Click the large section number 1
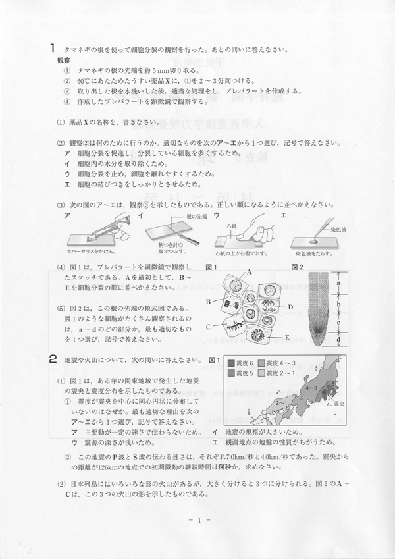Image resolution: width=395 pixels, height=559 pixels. pos(51,48)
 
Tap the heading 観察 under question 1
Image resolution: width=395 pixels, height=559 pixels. pos(65,59)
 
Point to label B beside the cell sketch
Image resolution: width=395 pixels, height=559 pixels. pos(207,301)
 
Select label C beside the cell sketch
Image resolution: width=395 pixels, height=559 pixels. pos(207,326)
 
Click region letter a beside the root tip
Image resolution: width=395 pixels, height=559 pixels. pos(338,284)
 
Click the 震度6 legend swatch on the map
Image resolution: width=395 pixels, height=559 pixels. pos(230,363)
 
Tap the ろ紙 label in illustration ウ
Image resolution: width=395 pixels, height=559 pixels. pos(231,225)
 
